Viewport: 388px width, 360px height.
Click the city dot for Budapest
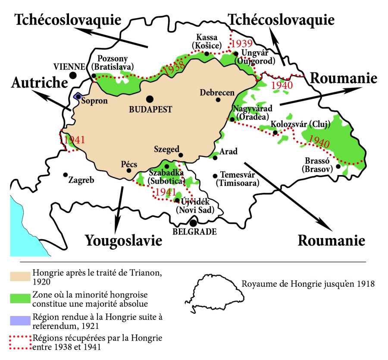click(150, 99)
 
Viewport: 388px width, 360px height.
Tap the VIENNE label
click(69, 66)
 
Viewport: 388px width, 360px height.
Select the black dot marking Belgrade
click(194, 222)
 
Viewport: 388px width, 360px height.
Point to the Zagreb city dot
click(65, 175)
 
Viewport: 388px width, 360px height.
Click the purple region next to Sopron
click(78, 96)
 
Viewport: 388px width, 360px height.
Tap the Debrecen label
click(217, 92)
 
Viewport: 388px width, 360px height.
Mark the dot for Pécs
click(128, 170)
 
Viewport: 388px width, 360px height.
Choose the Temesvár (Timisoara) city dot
click(215, 175)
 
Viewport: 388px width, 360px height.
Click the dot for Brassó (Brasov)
click(338, 166)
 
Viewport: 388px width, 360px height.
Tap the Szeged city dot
click(181, 155)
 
